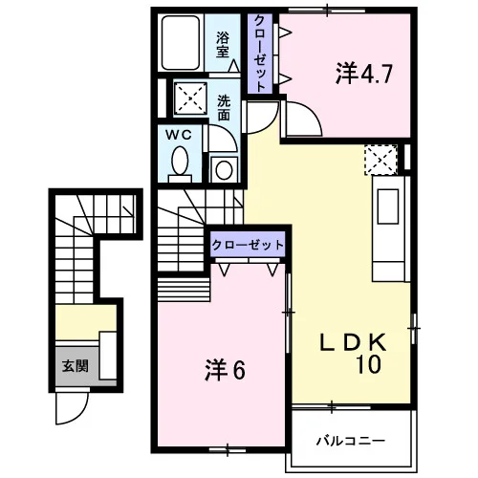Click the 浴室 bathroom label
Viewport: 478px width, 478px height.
pos(223,45)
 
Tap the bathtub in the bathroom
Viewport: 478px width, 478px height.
pos(181,43)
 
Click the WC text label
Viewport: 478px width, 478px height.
pos(179,135)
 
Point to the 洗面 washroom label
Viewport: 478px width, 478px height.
pos(224,108)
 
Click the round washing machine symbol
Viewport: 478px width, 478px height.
pos(224,169)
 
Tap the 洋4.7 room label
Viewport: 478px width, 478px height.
pos(364,74)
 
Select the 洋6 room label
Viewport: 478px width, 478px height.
pos(225,370)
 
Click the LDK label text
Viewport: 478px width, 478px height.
pos(354,342)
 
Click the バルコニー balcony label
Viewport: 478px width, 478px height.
pos(351,441)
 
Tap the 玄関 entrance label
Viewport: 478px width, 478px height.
pos(75,366)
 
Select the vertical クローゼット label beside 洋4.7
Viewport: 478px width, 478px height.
pos(260,54)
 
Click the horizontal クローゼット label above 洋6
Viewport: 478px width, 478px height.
pos(248,245)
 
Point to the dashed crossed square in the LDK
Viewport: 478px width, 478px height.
pos(380,160)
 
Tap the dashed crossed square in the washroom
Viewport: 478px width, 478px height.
pos(190,98)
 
